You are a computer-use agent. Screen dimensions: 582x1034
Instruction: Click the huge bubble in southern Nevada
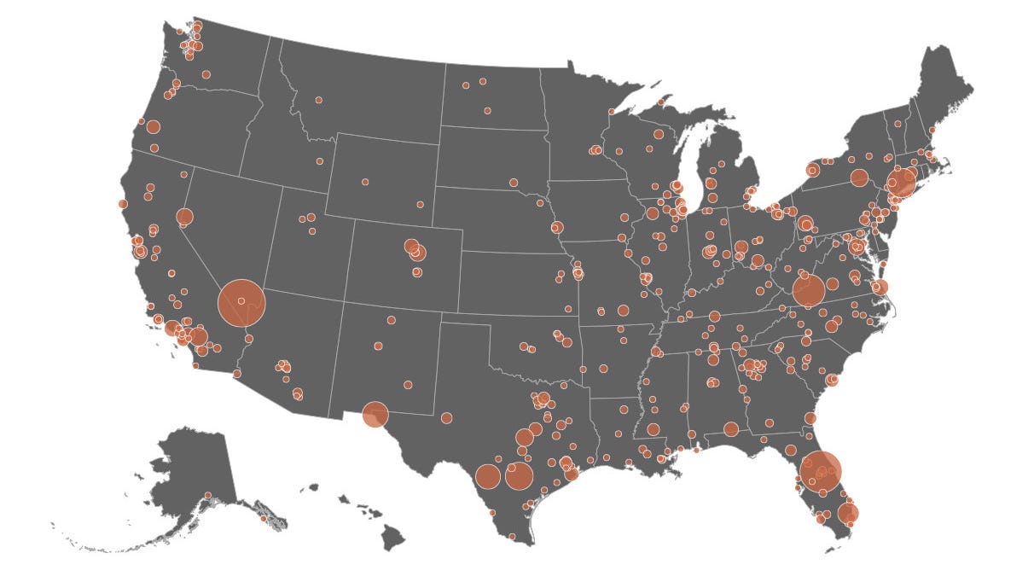coord(241,302)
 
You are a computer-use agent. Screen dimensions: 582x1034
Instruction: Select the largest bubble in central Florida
coord(821,470)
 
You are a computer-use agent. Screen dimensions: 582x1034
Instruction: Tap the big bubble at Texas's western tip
coord(375,415)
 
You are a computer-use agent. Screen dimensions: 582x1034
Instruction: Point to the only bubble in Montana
coord(318,100)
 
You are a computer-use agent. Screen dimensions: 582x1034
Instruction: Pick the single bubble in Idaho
coord(320,160)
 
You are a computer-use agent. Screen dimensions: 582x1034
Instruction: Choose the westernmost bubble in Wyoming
coord(365,182)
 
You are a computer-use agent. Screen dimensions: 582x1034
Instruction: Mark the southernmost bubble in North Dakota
coord(487,111)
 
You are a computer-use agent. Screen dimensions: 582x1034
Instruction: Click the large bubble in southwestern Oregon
coord(153,127)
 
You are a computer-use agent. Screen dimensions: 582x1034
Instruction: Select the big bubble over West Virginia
coord(808,290)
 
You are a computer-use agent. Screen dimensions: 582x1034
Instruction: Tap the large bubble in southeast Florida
coord(848,513)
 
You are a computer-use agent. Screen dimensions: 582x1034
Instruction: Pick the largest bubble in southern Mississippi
coord(654,429)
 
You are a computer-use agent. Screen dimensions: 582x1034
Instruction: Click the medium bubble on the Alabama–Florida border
coord(731,428)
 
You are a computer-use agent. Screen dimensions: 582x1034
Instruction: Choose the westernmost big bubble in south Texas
coord(487,476)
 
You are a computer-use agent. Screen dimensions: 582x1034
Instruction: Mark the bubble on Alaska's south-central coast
coord(208,495)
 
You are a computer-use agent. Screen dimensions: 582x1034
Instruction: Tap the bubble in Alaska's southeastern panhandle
coord(264,518)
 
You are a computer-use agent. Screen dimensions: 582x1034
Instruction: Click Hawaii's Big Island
coord(392,538)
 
